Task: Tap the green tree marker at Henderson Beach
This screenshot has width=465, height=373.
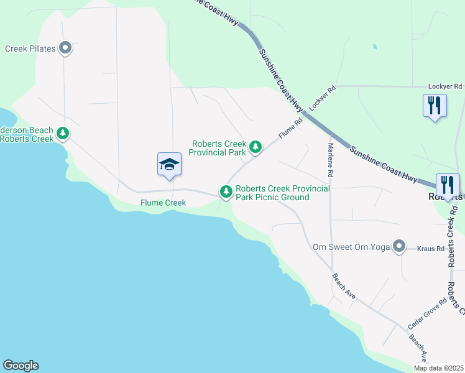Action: (62, 133)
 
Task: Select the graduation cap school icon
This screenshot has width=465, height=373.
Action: (169, 165)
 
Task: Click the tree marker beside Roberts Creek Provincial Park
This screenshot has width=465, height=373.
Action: (255, 147)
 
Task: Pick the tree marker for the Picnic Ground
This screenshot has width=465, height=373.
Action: (226, 191)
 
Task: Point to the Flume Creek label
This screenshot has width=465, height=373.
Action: (163, 203)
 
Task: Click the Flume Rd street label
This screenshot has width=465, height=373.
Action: (290, 127)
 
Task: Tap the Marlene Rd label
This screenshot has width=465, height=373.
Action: (331, 159)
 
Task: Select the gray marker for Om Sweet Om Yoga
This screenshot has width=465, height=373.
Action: (399, 247)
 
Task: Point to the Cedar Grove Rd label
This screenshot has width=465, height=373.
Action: (427, 314)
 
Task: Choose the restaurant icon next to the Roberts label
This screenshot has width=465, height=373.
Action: (447, 184)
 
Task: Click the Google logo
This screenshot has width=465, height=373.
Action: (21, 366)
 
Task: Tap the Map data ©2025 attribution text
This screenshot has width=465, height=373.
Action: (438, 368)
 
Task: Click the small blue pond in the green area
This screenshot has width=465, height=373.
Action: (374, 46)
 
